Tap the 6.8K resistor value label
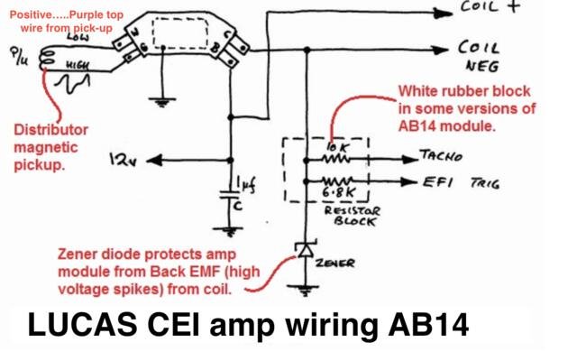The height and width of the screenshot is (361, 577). coord(334,191)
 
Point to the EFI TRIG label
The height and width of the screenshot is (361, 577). coord(461,181)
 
